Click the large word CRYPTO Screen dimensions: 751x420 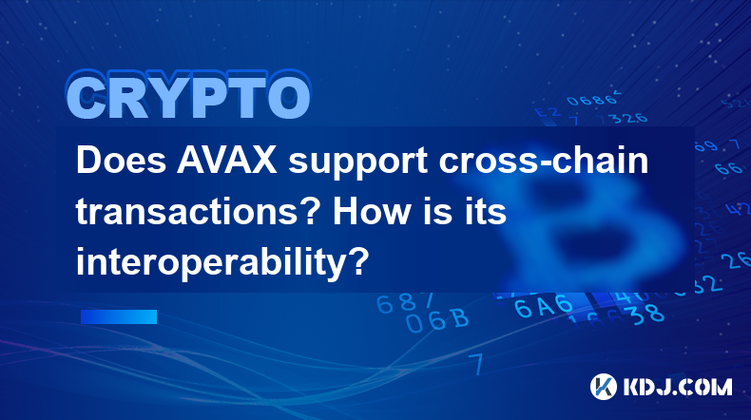[189, 96]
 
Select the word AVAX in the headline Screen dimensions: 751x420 [227, 161]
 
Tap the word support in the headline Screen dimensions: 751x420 [357, 162]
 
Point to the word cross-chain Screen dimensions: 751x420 [544, 161]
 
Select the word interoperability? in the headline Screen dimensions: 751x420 [222, 263]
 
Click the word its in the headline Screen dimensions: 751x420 [486, 212]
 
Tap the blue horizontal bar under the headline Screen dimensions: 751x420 [119, 316]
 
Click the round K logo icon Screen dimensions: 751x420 [603, 387]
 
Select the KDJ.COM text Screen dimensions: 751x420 [677, 387]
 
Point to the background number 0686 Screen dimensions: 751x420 [592, 100]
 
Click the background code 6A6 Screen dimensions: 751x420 [544, 306]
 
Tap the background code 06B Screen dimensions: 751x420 [436, 320]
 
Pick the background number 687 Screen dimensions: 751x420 [405, 303]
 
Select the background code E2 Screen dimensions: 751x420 [547, 112]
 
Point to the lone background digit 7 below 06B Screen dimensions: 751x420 [476, 365]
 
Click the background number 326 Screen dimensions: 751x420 [630, 118]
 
